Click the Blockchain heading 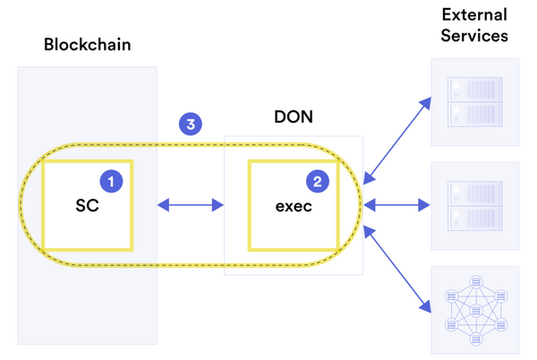pyautogui.click(x=87, y=45)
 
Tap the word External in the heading pyautogui.click(x=474, y=15)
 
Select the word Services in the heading pyautogui.click(x=474, y=37)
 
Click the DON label pyautogui.click(x=293, y=117)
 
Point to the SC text pyautogui.click(x=87, y=205)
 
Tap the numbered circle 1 pyautogui.click(x=111, y=181)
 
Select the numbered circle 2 pyautogui.click(x=318, y=181)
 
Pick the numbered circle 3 pyautogui.click(x=190, y=124)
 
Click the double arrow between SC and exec pyautogui.click(x=191, y=206)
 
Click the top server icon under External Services pyautogui.click(x=474, y=102)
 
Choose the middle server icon pyautogui.click(x=474, y=206)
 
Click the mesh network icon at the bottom pyautogui.click(x=474, y=309)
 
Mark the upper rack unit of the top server pyautogui.click(x=474, y=90)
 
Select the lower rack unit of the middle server pyautogui.click(x=474, y=218)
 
